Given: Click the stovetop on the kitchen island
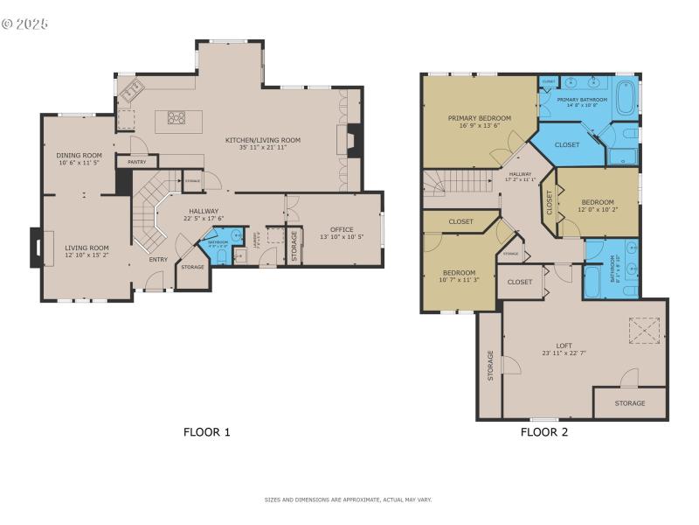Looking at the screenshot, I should coord(176,118).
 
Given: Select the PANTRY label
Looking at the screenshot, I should coord(136,162).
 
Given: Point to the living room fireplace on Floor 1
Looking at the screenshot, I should coord(36,248).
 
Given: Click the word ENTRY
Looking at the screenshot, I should coord(158,259).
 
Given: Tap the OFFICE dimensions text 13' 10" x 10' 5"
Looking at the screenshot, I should coord(336,237).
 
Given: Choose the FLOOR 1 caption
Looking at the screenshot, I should coord(207,431).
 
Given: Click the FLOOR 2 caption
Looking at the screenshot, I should coord(544,431).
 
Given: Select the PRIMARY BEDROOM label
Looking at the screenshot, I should coord(480,117).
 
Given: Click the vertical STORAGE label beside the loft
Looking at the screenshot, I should coord(490,366).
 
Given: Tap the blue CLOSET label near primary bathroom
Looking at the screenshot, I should coord(567,144).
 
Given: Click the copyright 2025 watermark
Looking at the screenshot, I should coord(25,24).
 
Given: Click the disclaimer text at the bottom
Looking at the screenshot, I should coord(349,500).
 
